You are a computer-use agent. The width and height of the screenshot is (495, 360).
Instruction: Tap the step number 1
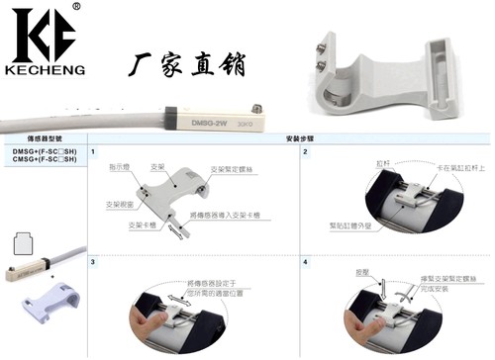(x=93, y=153)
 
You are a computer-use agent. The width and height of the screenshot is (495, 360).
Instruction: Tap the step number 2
(x=305, y=153)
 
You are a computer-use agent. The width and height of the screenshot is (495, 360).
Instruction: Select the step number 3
(x=93, y=262)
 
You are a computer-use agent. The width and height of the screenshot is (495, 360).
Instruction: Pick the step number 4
(x=305, y=262)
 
